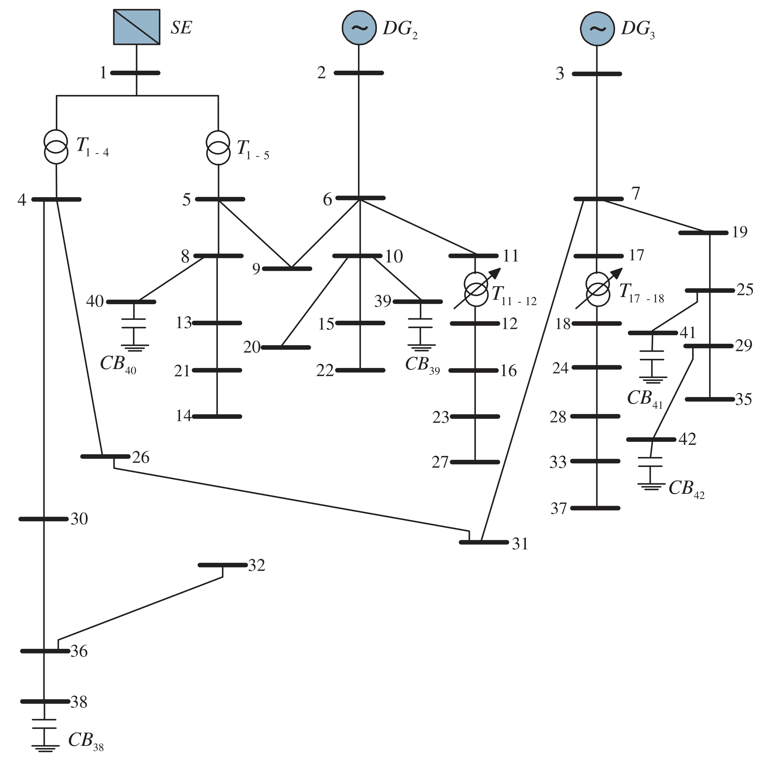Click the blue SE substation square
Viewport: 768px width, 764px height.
click(x=137, y=27)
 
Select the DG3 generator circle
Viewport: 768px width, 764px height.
click(x=597, y=28)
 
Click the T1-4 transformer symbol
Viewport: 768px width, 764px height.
click(x=56, y=147)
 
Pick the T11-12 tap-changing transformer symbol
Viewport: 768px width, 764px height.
click(x=476, y=289)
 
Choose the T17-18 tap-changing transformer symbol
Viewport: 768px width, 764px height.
click(x=598, y=289)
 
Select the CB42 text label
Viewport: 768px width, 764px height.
click(x=686, y=489)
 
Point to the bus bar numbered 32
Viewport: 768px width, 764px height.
click(x=223, y=565)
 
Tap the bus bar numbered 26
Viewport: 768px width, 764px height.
click(x=105, y=456)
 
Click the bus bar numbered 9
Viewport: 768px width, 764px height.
click(x=287, y=269)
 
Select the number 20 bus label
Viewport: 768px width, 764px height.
click(x=252, y=347)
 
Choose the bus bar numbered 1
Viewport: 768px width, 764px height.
click(x=135, y=73)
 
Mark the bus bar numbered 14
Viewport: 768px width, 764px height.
click(x=217, y=417)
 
